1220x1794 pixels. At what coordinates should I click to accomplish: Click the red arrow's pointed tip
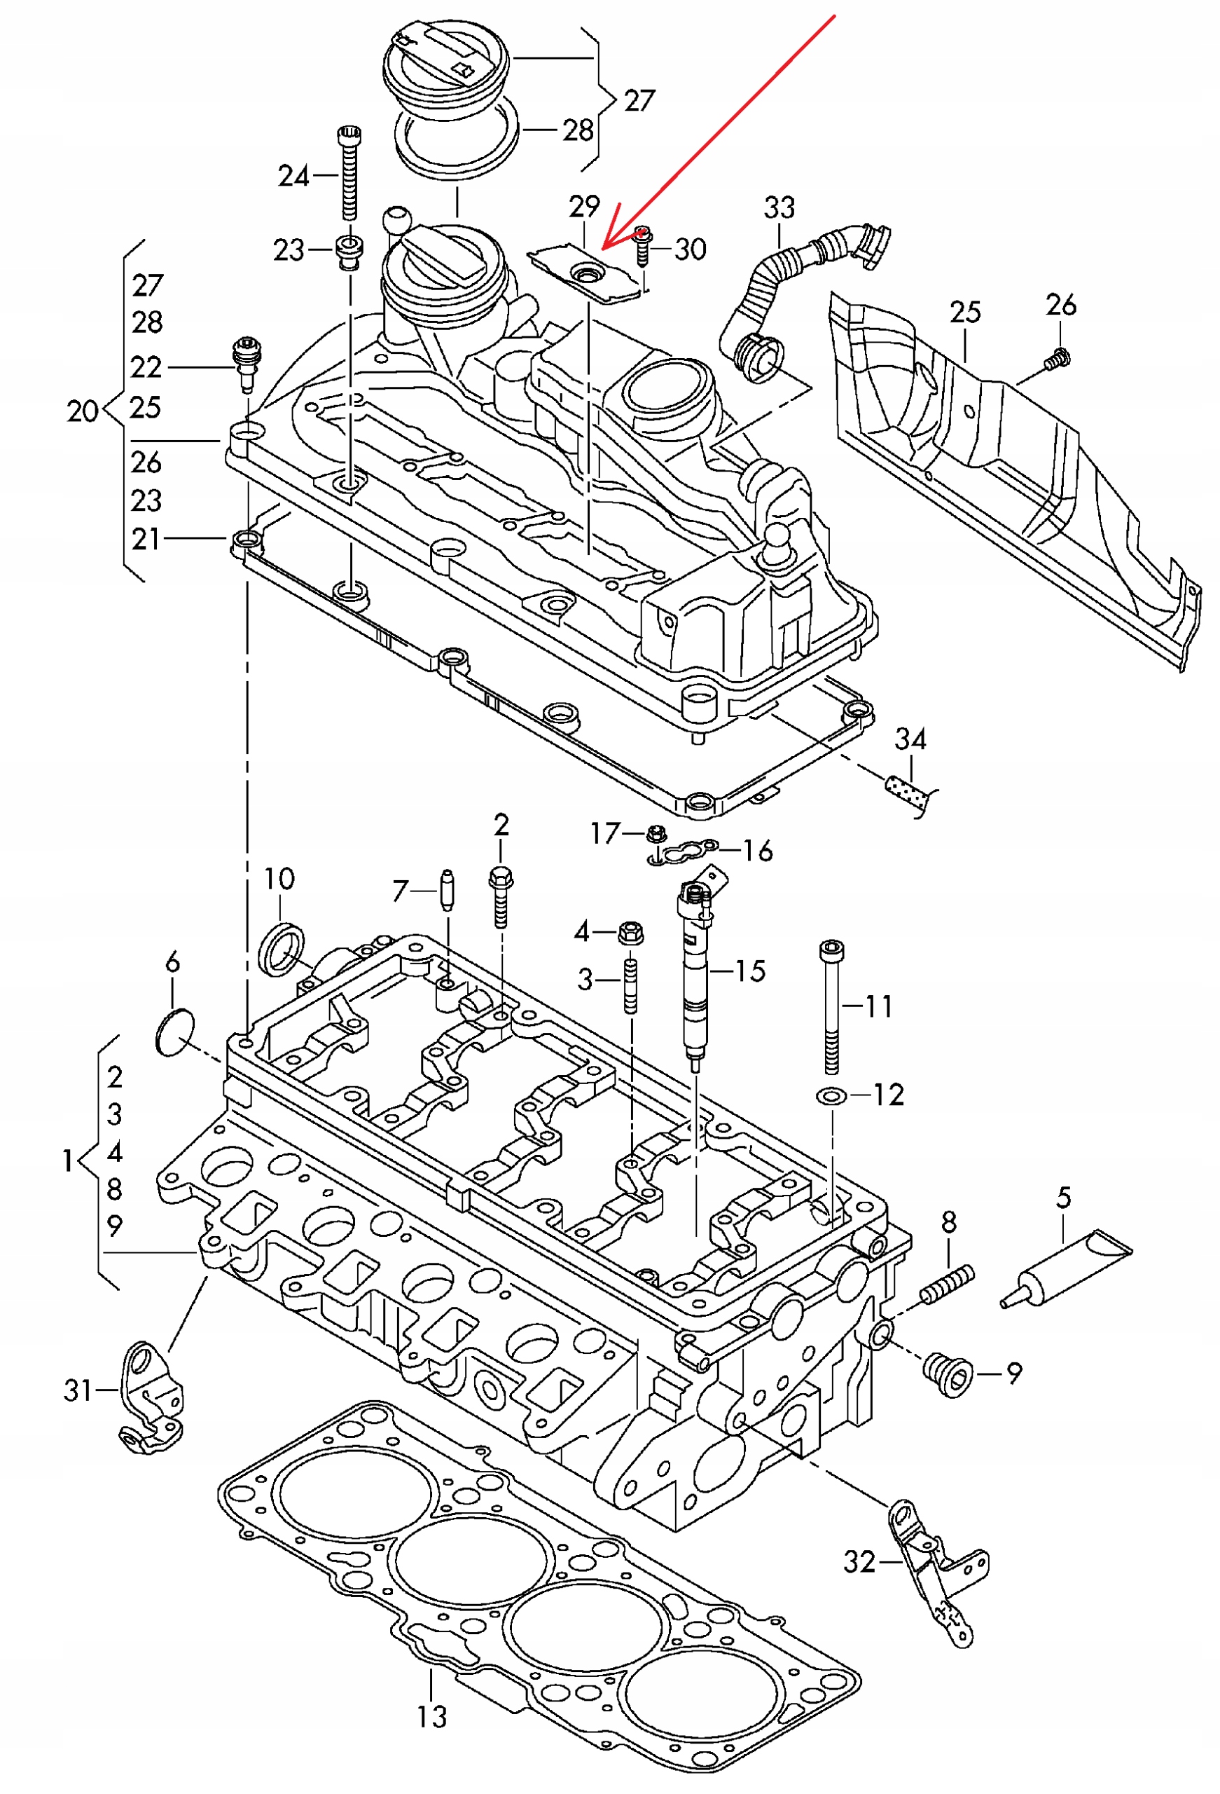click(603, 249)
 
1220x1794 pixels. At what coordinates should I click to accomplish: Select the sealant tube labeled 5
click(1066, 1270)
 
